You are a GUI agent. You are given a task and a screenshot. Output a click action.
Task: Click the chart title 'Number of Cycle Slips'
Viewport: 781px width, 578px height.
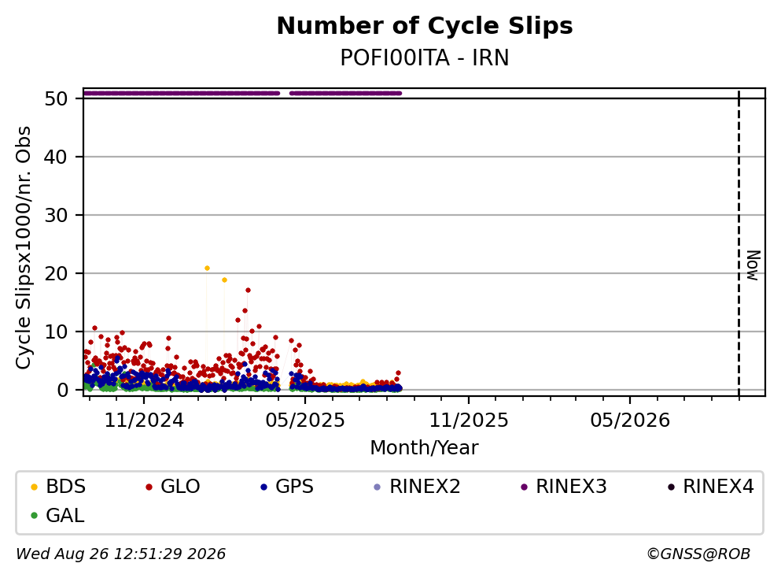pyautogui.click(x=425, y=26)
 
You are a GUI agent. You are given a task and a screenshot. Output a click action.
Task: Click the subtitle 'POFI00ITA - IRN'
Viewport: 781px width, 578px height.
pyautogui.click(x=425, y=57)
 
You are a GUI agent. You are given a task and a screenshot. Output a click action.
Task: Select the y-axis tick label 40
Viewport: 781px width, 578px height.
pyautogui.click(x=56, y=157)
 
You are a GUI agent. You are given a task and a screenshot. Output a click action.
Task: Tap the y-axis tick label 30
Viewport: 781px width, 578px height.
pyautogui.click(x=56, y=216)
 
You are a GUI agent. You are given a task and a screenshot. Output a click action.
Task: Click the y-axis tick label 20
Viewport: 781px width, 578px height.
pyautogui.click(x=56, y=273)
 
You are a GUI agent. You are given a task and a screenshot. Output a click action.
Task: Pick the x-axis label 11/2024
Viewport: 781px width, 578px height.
pyautogui.click(x=144, y=421)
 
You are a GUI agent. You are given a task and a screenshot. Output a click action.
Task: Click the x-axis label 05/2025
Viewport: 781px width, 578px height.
pyautogui.click(x=305, y=421)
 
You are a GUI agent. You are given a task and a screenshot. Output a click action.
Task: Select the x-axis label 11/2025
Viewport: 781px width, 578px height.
pyautogui.click(x=469, y=421)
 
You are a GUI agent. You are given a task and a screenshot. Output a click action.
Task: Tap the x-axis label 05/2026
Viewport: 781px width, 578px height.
pyautogui.click(x=630, y=421)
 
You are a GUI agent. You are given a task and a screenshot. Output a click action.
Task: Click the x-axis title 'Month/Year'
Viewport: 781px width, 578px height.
pyautogui.click(x=424, y=448)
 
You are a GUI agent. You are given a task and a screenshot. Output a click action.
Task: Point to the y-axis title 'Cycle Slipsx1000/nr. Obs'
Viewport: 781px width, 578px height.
pyautogui.click(x=23, y=248)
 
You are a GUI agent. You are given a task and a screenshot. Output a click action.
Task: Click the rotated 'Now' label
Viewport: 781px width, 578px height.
pyautogui.click(x=753, y=265)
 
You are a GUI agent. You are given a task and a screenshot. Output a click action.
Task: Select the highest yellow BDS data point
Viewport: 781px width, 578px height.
pyautogui.click(x=207, y=269)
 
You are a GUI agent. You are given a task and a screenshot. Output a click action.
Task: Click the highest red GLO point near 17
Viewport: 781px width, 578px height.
pyautogui.click(x=248, y=291)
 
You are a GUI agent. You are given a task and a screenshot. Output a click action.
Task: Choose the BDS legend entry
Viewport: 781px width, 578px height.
pyautogui.click(x=58, y=486)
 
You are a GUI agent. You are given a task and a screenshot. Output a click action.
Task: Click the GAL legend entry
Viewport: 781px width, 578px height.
pyautogui.click(x=57, y=515)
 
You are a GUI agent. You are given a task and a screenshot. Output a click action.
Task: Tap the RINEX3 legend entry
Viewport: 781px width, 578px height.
pyautogui.click(x=564, y=486)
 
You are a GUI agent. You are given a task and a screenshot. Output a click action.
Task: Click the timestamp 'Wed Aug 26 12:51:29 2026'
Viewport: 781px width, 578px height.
pyautogui.click(x=121, y=554)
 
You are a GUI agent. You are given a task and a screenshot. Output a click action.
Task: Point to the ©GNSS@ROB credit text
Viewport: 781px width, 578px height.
pyautogui.click(x=698, y=554)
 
